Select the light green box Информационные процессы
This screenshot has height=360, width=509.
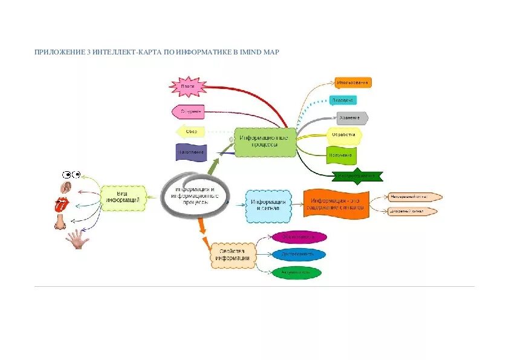click(x=265, y=142)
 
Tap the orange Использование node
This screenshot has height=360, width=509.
click(x=353, y=82)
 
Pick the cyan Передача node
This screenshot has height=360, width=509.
click(x=343, y=100)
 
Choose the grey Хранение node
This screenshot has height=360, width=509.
click(x=351, y=118)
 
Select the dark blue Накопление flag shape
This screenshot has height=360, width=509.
click(x=191, y=152)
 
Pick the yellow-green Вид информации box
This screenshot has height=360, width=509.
click(x=123, y=198)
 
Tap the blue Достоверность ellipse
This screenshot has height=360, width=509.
click(x=298, y=255)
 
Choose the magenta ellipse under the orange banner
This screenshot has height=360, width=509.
click(x=299, y=237)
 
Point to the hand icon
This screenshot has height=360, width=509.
click(x=77, y=239)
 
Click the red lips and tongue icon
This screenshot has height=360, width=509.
click(x=62, y=203)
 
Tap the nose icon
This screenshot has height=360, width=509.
click(x=60, y=223)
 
